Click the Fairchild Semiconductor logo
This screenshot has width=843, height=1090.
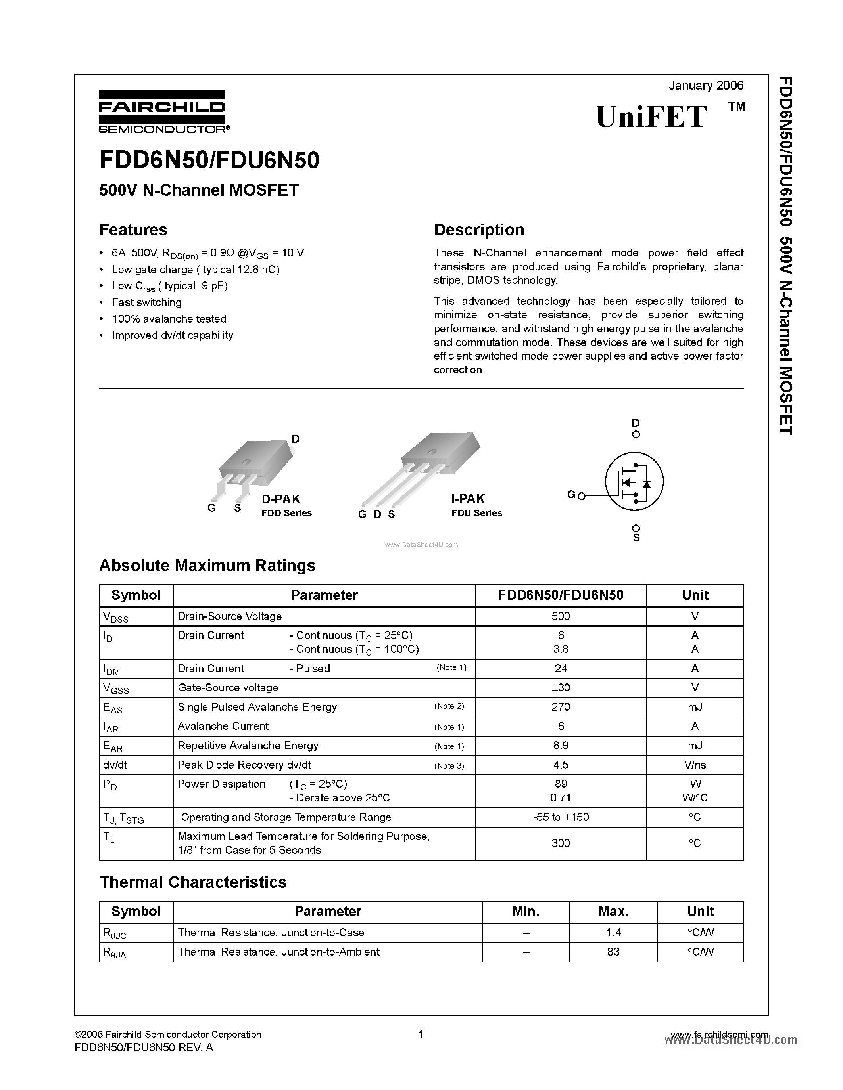coord(163,112)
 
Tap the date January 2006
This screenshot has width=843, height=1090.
coord(706,85)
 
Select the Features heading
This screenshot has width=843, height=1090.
coord(133,229)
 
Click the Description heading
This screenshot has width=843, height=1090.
coord(479,229)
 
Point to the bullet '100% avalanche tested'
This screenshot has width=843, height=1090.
coord(169,319)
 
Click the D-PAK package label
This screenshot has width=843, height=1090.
coord(281,499)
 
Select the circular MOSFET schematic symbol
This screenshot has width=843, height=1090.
coord(634,482)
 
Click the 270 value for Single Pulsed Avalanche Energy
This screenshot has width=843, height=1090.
coord(560,707)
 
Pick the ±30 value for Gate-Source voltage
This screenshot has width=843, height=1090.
coord(560,688)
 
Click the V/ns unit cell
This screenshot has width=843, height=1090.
coord(695,765)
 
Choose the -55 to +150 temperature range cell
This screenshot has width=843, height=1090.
coord(560,817)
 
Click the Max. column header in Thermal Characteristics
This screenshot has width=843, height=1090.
coord(613,911)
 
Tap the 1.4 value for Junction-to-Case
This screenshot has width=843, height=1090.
coord(613,932)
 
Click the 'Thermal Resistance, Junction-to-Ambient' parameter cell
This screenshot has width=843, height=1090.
coord(278,952)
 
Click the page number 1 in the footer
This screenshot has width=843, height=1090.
coord(421,1034)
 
